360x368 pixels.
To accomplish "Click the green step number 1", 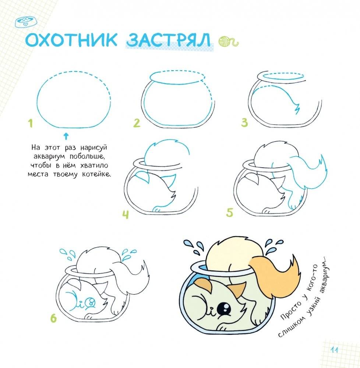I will click(31, 124).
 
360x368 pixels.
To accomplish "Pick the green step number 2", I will click(137, 123).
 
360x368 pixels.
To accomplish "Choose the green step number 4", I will click(126, 214).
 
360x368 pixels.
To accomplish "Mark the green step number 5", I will click(230, 212).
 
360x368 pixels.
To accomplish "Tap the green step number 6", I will click(54, 318).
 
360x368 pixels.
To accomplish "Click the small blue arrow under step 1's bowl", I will click(66, 136).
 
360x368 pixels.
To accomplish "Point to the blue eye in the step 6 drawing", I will click(90, 303).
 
